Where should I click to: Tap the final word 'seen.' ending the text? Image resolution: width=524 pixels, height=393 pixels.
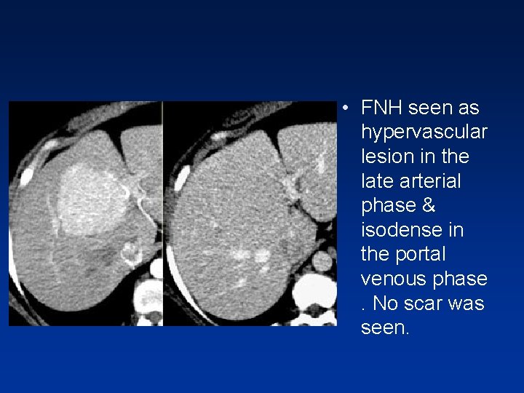tap(386, 328)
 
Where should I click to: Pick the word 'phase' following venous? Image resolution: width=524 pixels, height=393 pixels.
tap(463, 279)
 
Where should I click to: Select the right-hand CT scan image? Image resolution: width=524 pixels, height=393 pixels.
tap(251, 213)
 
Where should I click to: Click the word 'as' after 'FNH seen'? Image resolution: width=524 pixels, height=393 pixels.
tap(469, 108)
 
